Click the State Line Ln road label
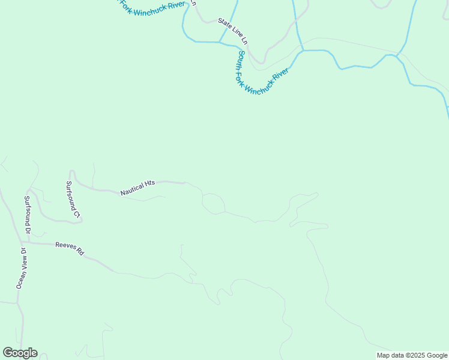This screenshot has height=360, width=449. [233, 31]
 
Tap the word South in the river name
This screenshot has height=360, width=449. [241, 59]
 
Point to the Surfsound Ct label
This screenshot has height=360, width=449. [73, 199]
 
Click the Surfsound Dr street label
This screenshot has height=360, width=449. [27, 214]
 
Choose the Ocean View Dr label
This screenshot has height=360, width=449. [21, 268]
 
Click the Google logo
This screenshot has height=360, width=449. [20, 353]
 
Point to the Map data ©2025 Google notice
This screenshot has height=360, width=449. [412, 355]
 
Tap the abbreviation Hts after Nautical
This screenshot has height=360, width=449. [150, 184]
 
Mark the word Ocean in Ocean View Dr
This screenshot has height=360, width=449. [19, 279]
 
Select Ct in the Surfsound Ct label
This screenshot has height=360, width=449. [76, 212]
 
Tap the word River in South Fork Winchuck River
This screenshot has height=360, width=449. [280, 75]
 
